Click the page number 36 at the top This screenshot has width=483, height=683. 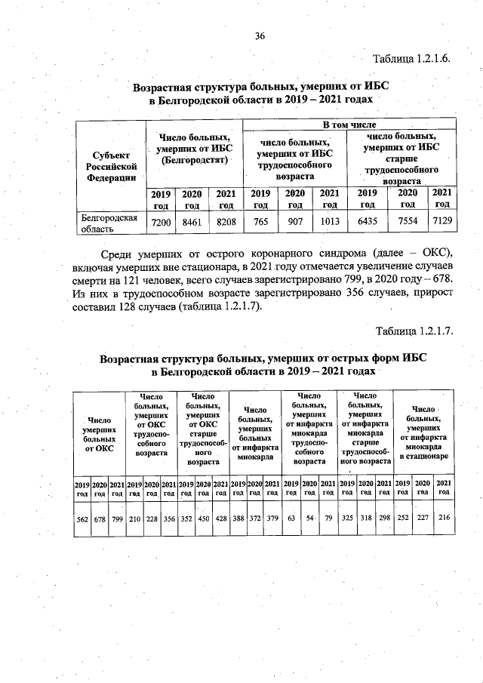(260, 36)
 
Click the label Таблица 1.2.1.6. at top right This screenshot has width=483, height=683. (412, 59)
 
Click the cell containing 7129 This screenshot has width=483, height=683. (442, 223)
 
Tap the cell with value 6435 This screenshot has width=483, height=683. (368, 223)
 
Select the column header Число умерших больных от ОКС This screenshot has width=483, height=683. (99, 434)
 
